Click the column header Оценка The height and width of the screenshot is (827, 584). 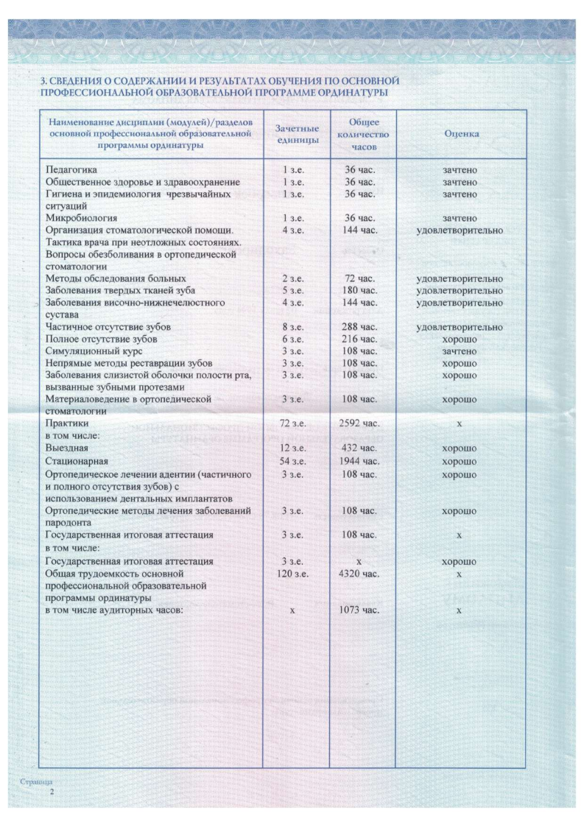coord(462,134)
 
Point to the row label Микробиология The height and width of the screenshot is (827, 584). coord(77,219)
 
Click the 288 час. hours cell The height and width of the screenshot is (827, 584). coord(361,327)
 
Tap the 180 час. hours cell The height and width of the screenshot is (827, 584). coord(361,291)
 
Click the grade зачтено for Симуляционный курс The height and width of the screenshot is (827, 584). coord(459,352)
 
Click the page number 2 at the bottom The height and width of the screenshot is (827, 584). coord(52,792)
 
